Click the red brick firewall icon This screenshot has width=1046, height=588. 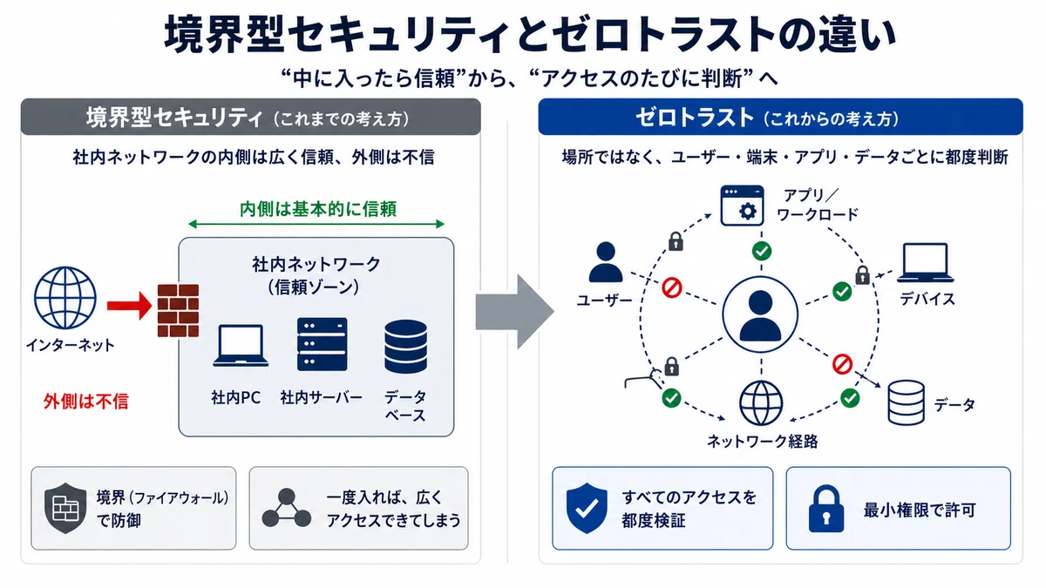(x=178, y=310)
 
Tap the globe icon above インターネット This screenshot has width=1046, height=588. (x=65, y=298)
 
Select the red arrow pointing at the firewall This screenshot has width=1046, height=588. (x=129, y=306)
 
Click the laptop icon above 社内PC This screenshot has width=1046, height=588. (x=241, y=345)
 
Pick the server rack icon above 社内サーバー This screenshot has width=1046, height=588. (x=323, y=344)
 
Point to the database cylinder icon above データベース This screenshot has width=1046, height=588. (x=406, y=347)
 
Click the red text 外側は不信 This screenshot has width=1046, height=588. (x=86, y=402)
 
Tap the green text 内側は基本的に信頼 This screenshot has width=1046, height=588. (x=318, y=209)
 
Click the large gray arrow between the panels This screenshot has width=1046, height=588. (x=514, y=312)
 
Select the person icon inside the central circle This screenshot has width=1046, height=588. (x=760, y=315)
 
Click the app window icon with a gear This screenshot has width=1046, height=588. (x=742, y=206)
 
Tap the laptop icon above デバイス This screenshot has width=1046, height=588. (x=925, y=263)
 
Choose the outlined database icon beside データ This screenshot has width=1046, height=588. (x=906, y=402)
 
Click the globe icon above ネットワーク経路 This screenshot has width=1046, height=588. (x=761, y=402)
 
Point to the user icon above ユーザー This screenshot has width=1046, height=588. (x=606, y=262)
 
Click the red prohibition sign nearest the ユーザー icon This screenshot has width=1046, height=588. (x=672, y=288)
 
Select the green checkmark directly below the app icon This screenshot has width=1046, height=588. (x=762, y=251)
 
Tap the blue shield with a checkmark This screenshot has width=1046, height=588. (x=587, y=508)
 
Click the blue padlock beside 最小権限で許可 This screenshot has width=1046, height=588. (x=826, y=509)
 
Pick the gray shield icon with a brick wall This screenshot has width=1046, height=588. (x=65, y=508)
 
